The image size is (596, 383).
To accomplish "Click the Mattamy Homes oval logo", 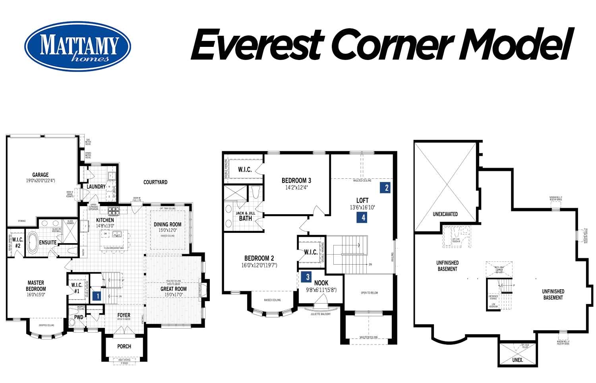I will pos(77,46).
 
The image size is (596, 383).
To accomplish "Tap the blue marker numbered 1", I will pos(97,296).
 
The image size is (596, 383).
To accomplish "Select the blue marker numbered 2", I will pos(387,188).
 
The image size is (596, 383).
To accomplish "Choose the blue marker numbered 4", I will pos(362,217).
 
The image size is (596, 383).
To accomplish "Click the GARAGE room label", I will pos(41,174).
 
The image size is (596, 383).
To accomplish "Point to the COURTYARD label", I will pos(155,182).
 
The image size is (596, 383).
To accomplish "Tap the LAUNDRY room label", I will pos(96,186).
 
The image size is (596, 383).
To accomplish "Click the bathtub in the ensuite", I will pos(32,243).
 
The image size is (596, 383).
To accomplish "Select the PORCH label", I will pos(124,346).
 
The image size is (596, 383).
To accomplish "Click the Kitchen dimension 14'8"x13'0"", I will pos(105,226).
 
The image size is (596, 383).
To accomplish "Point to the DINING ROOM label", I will pos(167,224).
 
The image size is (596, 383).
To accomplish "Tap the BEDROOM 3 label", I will pos(296,180).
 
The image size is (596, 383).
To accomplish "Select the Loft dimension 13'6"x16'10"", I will pos(362,207).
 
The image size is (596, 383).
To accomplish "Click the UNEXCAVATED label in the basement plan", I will pos(445,214).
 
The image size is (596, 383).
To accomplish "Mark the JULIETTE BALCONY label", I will pos(320,314).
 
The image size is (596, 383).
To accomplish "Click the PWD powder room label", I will pos(79,317).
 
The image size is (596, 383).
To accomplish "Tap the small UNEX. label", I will pos(517,360).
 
